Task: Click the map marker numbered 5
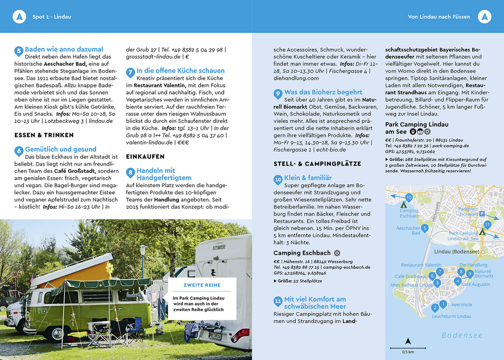(424, 228)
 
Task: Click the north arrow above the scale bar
(408, 340)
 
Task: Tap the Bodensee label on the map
(462, 335)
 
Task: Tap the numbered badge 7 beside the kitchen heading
(131, 73)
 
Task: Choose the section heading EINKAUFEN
(145, 156)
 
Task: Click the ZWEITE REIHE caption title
(202, 285)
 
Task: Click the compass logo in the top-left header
(19, 17)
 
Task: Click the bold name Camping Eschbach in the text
(302, 253)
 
